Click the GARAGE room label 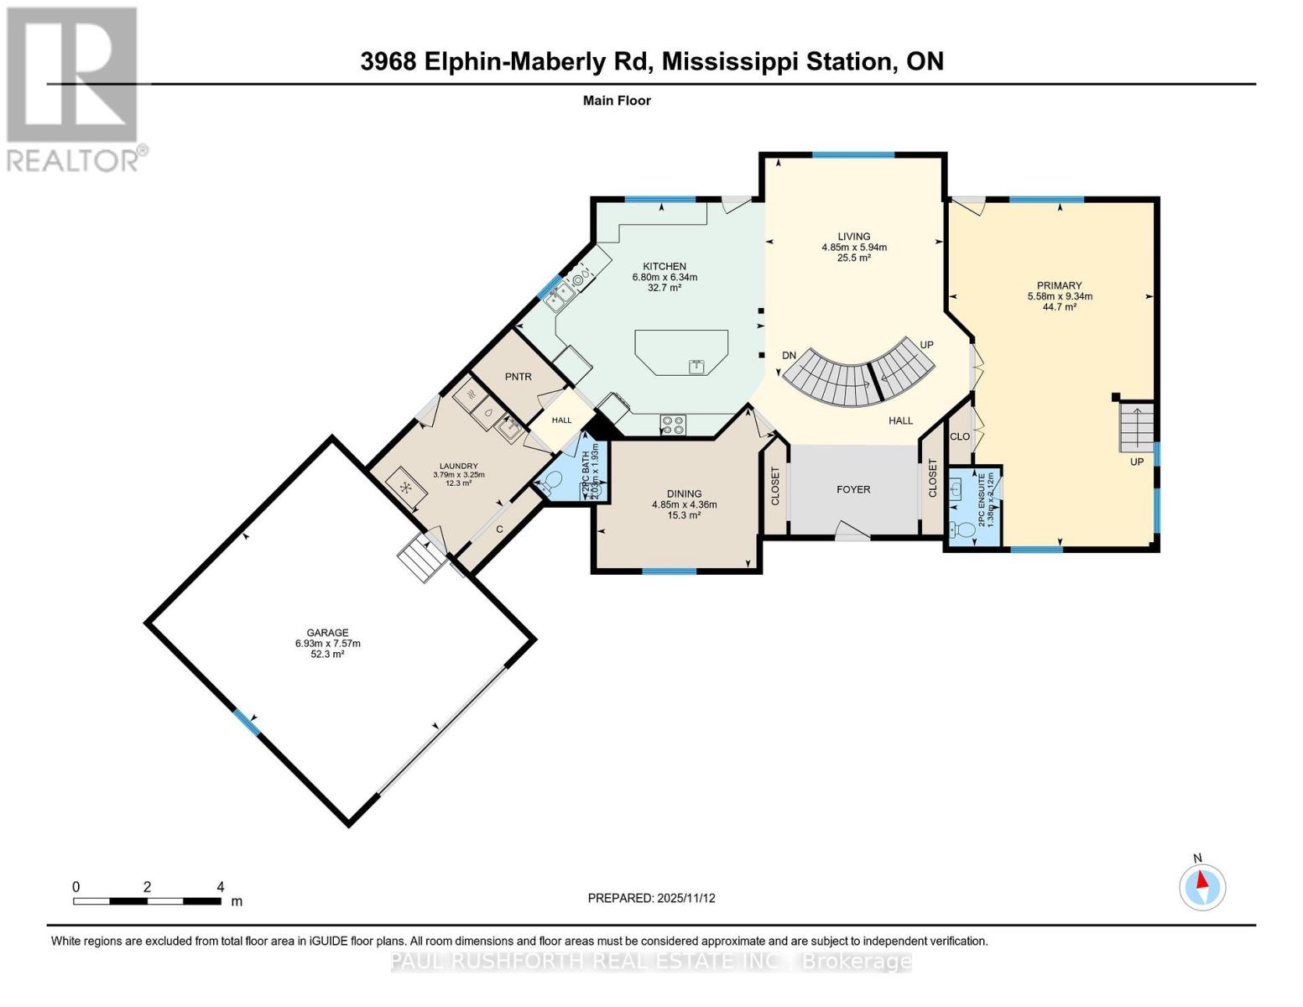(x=327, y=633)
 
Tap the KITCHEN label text (x=665, y=266)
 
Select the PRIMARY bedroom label (x=1060, y=285)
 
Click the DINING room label (x=684, y=494)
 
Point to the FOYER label (x=853, y=489)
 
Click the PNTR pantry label (x=519, y=377)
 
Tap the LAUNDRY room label (x=459, y=467)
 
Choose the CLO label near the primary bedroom (x=960, y=436)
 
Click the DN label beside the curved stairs (x=789, y=356)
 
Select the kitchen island (x=681, y=352)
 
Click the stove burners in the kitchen (x=673, y=425)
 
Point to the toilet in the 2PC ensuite (x=957, y=530)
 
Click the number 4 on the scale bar (x=221, y=887)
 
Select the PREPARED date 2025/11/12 (x=651, y=898)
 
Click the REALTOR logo (x=74, y=88)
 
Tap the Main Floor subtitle (x=617, y=101)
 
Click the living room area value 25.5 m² (x=853, y=258)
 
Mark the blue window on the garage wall (x=246, y=722)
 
